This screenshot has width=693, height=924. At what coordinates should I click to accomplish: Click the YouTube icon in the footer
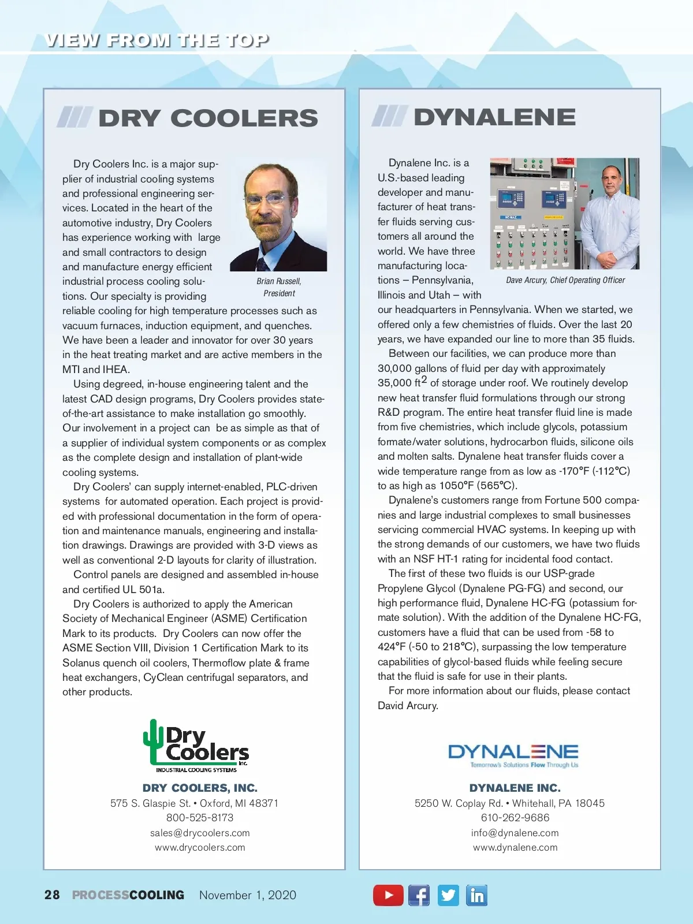point(388,895)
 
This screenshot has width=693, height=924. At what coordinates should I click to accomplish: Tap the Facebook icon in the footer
point(419,895)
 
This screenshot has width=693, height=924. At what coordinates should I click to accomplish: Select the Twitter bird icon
point(448,895)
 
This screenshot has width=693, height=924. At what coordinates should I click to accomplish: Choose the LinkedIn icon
point(477,895)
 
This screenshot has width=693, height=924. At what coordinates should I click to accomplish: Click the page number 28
point(52,895)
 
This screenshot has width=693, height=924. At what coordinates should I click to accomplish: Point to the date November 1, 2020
point(247,895)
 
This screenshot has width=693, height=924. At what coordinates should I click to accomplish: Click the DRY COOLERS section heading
point(208,118)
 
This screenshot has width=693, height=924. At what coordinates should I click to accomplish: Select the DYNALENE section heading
point(494,117)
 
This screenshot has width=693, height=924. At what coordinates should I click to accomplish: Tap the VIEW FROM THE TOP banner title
point(157,40)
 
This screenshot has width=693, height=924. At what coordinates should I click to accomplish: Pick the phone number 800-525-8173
point(200,818)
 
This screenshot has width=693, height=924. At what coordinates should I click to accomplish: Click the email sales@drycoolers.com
point(200,833)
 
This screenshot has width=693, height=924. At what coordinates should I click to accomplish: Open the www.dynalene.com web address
point(515,848)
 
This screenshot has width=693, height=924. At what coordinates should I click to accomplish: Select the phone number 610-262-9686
point(515,818)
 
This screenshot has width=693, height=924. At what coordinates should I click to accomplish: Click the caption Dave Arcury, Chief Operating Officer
point(565,280)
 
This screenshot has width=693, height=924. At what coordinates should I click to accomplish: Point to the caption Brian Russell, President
point(279,287)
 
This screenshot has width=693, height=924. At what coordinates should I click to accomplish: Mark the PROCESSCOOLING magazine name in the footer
point(128,895)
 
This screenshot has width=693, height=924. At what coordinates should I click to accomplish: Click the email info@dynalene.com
point(515,833)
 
